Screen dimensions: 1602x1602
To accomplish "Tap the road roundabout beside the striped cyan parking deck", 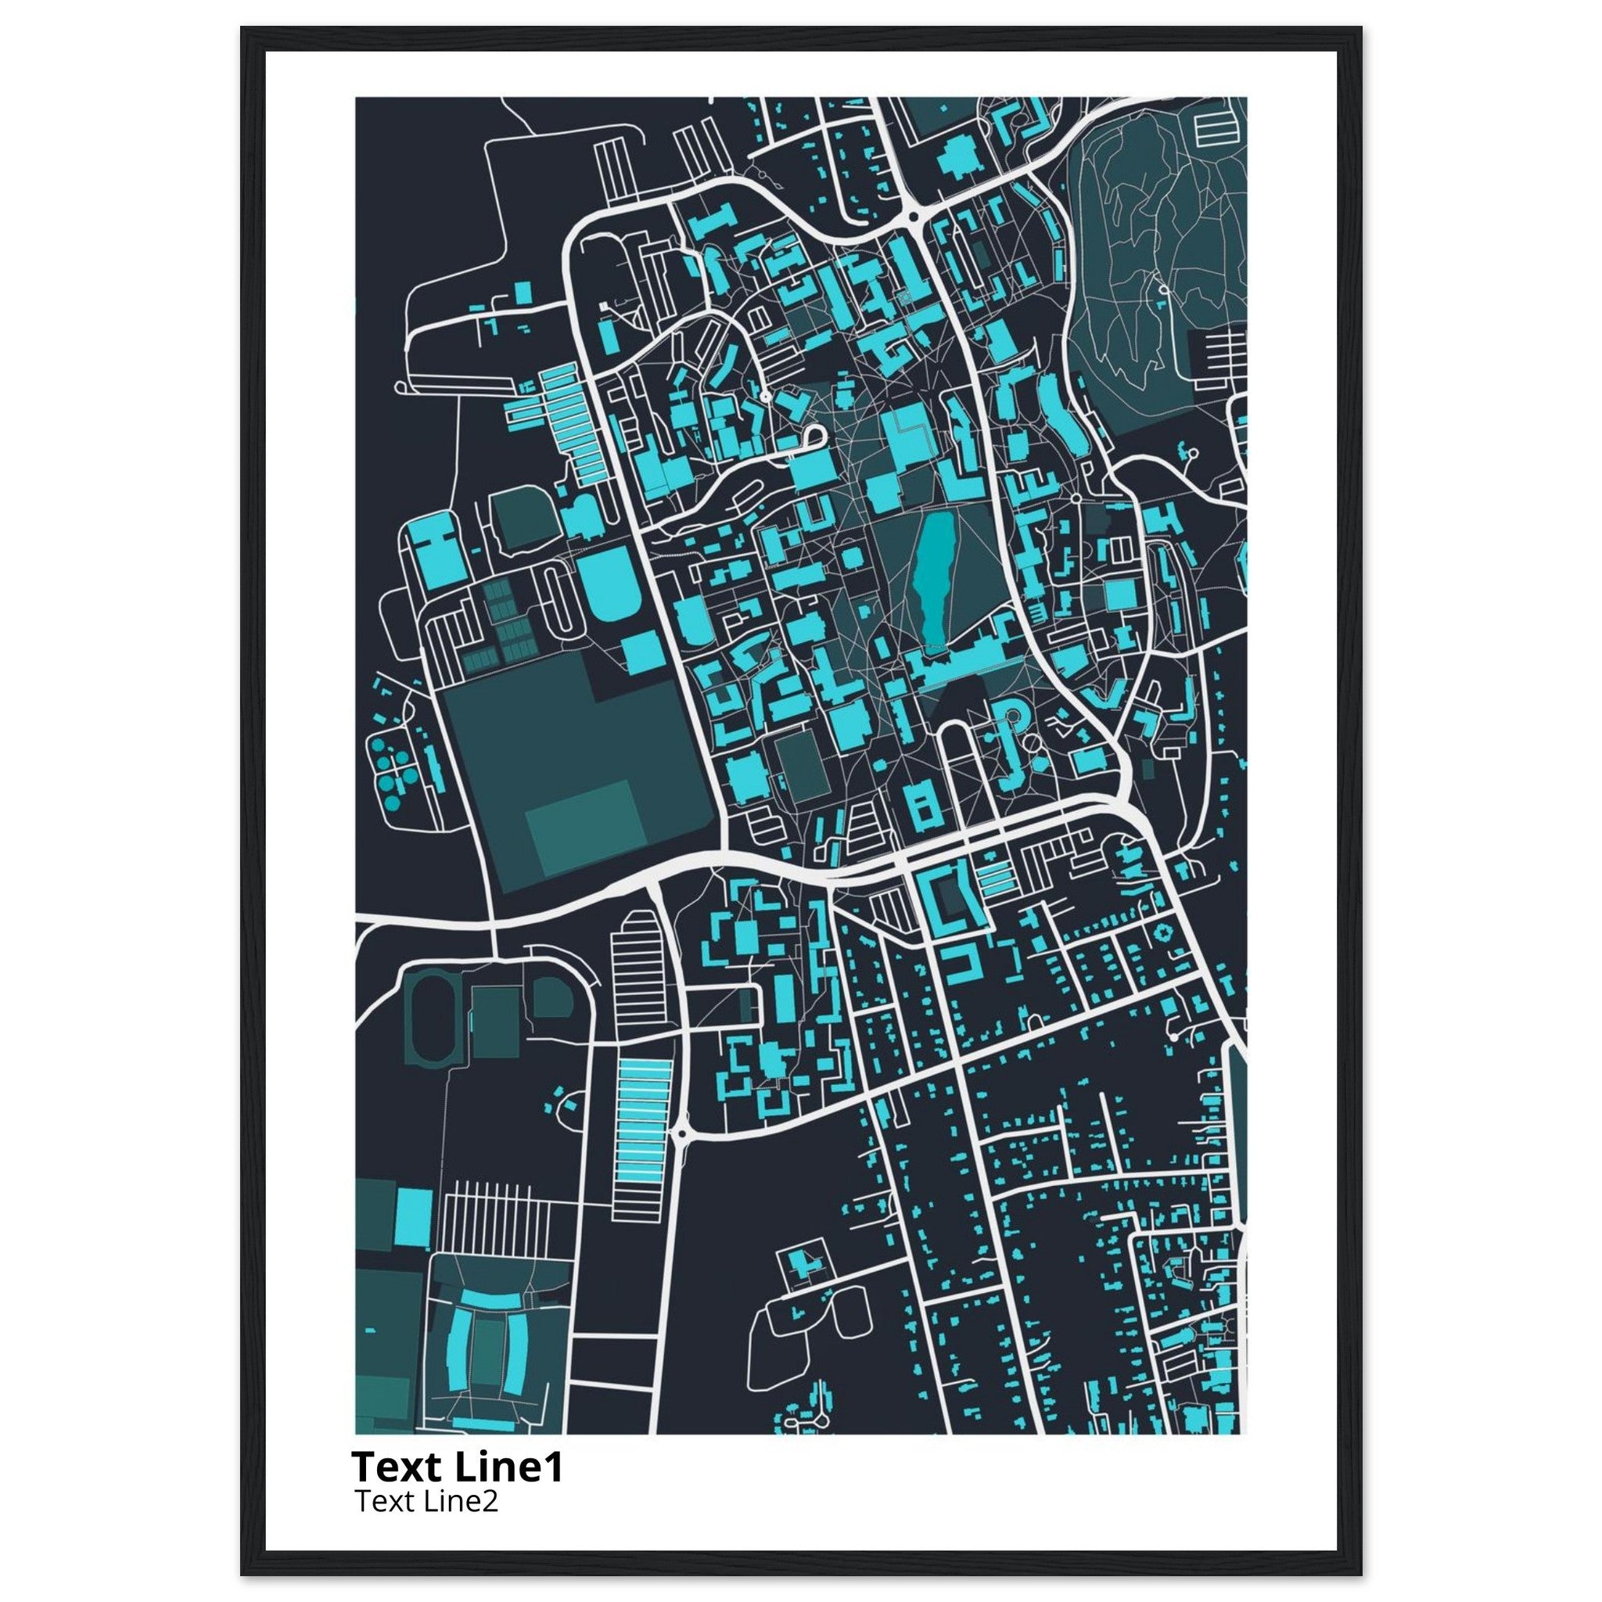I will pyautogui.click(x=681, y=1133).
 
